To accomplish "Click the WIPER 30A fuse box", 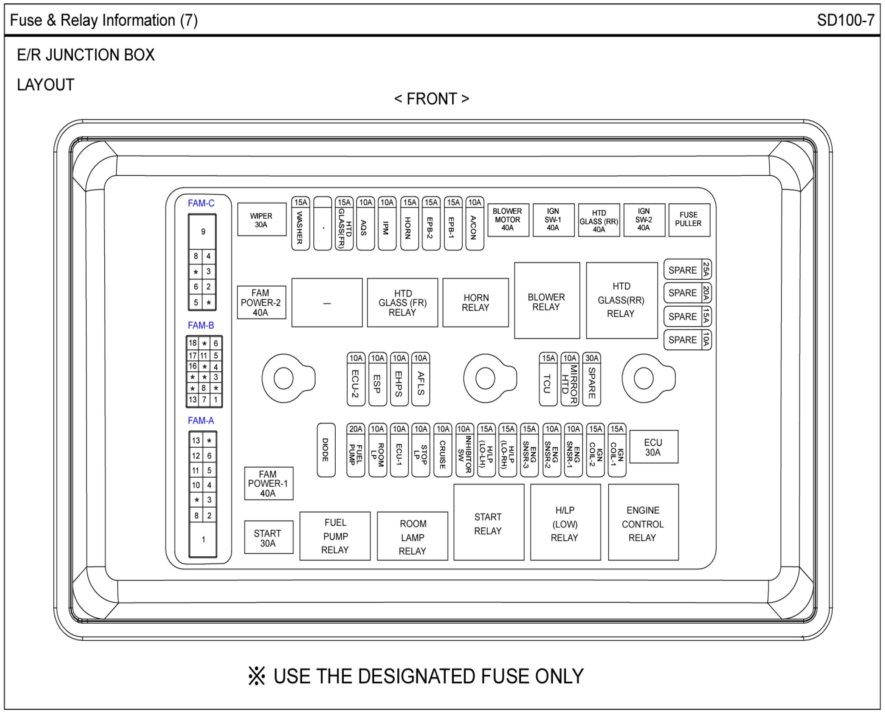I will click(x=262, y=220).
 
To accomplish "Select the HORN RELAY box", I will click(x=476, y=303).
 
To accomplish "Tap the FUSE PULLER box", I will click(x=689, y=220).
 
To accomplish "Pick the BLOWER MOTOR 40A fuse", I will click(x=508, y=220).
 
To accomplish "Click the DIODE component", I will click(x=326, y=450).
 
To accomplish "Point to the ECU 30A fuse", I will click(x=654, y=447).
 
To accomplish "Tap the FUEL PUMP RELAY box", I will click(x=335, y=536).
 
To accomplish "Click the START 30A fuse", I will click(x=268, y=537).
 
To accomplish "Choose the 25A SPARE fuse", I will click(x=687, y=270).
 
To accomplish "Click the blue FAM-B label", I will click(x=201, y=325).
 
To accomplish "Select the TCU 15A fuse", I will click(x=548, y=379).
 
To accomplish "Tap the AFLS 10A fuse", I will click(x=420, y=379).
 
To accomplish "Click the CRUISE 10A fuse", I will click(x=443, y=450).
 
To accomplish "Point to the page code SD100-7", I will click(x=846, y=20).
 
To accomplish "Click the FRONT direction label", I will click(x=431, y=99).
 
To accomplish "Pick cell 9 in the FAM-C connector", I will click(x=203, y=231).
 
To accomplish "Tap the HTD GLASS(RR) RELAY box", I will click(x=621, y=300).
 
